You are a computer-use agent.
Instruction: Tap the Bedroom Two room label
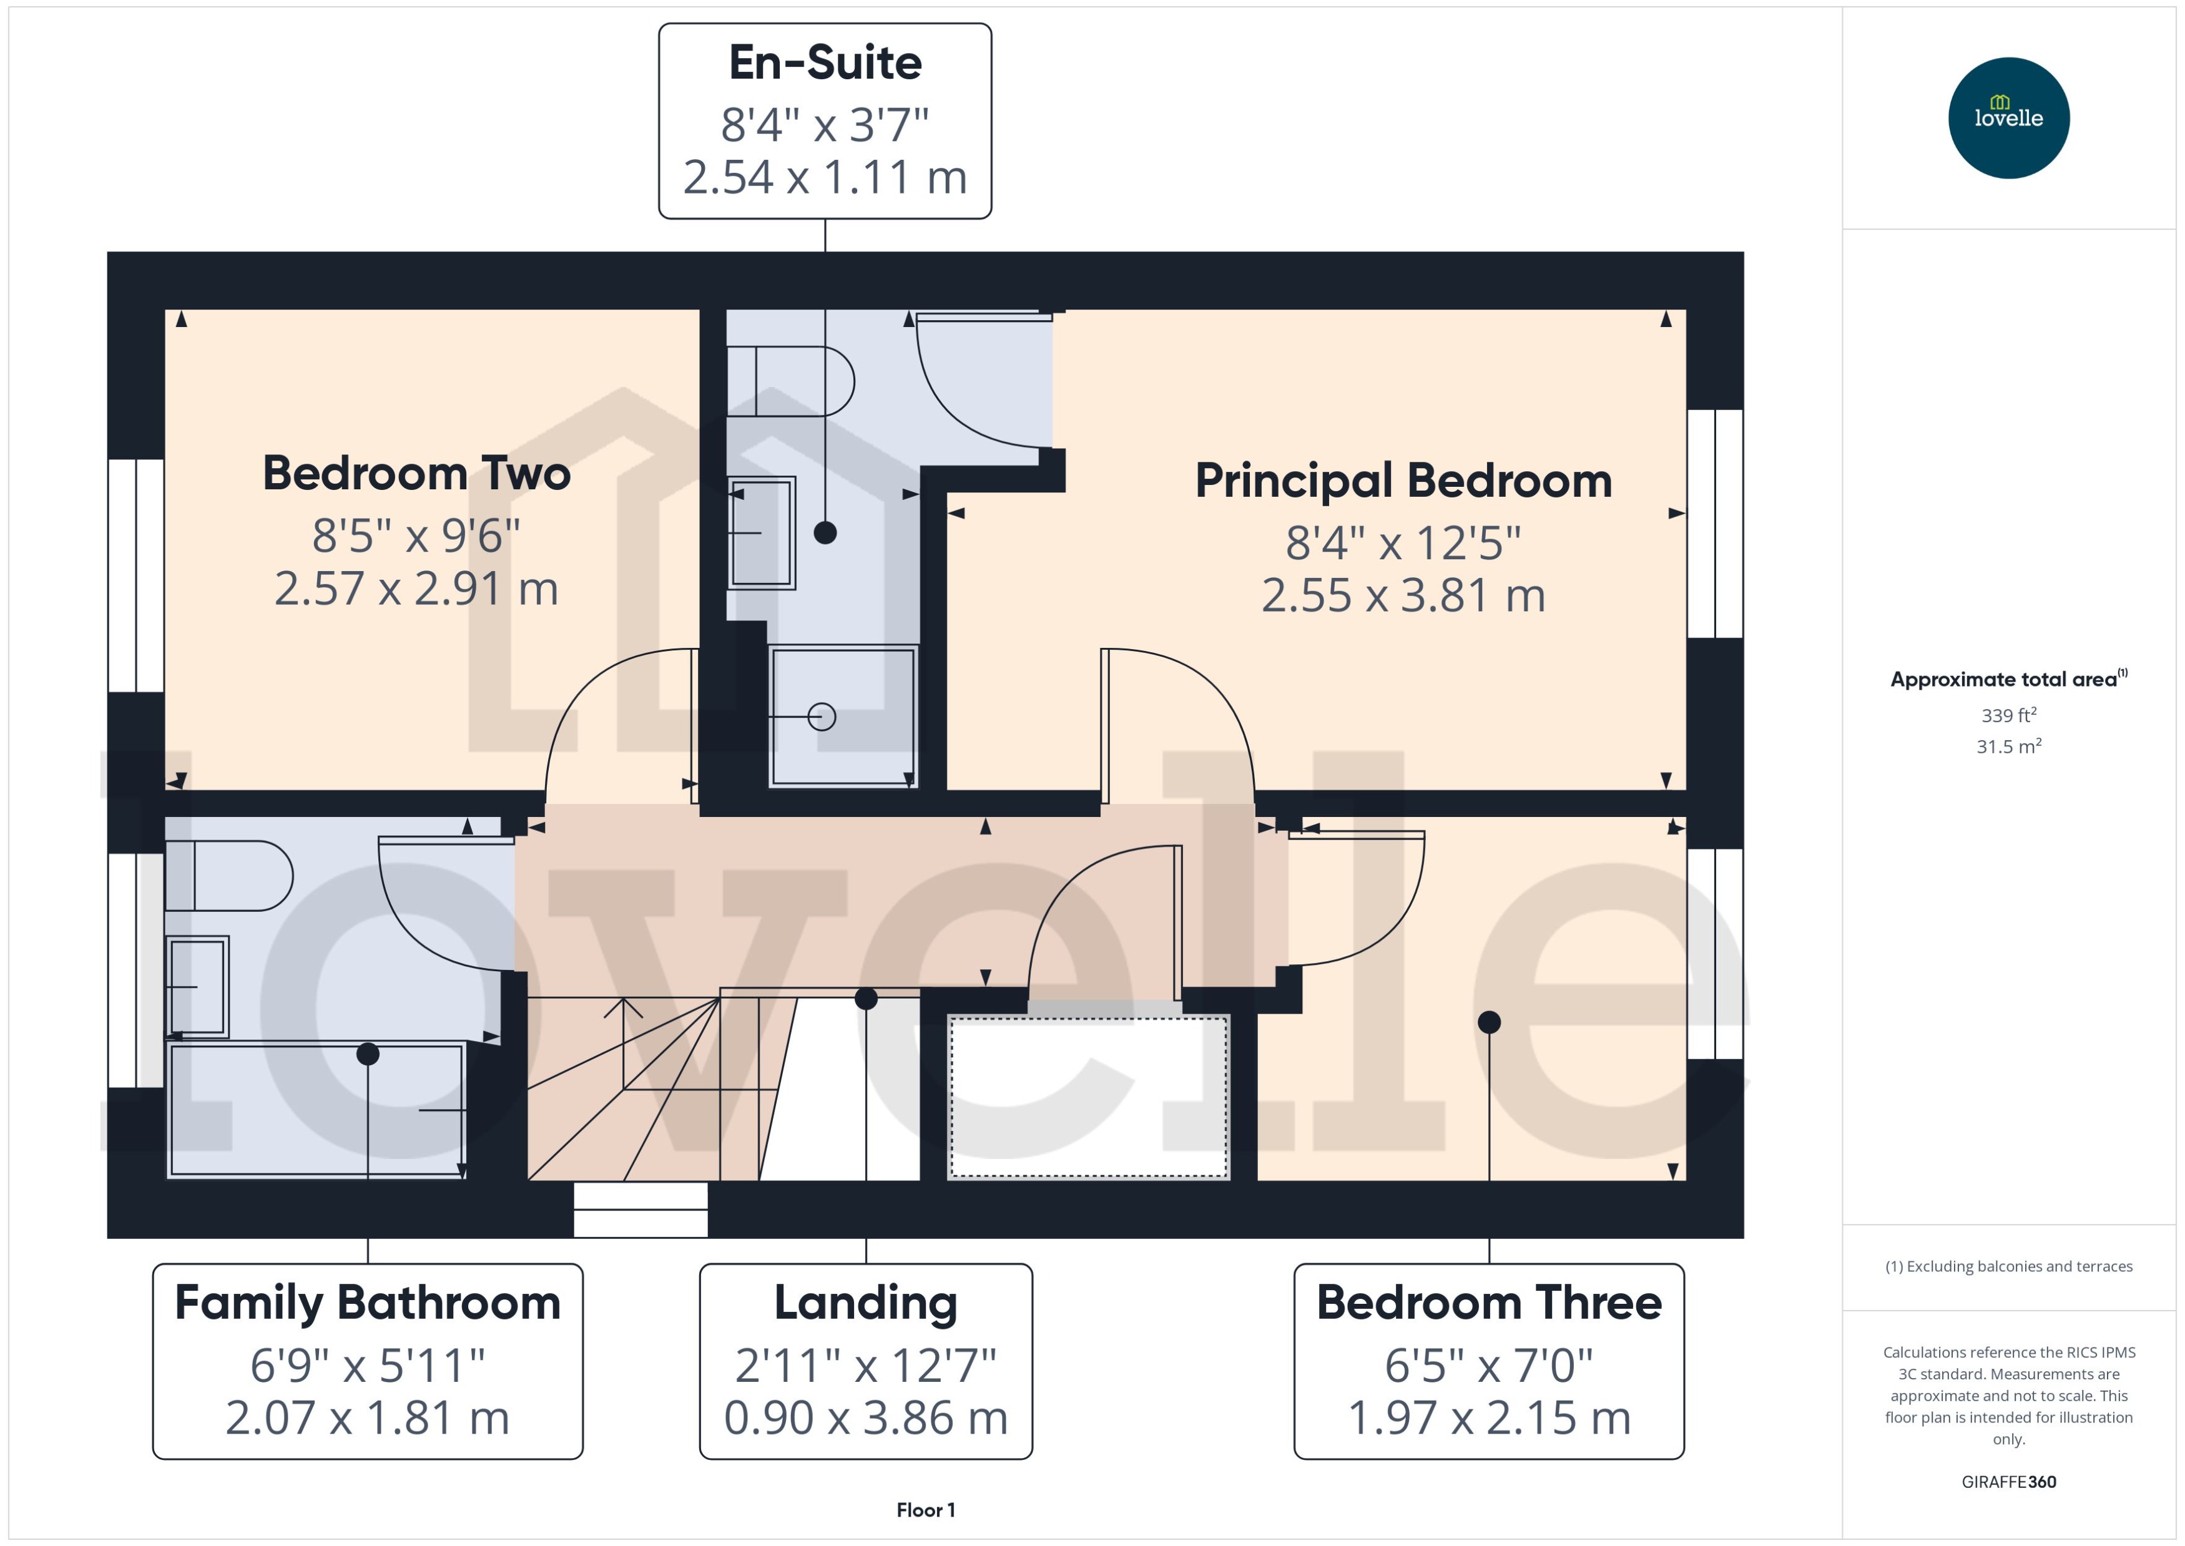point(416,473)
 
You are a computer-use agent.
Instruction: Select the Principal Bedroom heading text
point(1403,481)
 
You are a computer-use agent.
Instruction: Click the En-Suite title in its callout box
point(825,63)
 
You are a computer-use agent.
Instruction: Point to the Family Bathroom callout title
point(368,1303)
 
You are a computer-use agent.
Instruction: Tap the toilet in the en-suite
point(790,381)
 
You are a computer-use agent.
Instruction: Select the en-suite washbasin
point(761,533)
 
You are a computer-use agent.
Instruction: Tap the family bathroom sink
point(197,986)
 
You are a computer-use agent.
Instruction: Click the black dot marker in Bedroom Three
point(1489,1022)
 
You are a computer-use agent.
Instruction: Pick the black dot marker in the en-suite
point(825,533)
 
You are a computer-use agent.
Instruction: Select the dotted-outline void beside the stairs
point(1088,1097)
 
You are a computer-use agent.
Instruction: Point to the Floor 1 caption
point(925,1510)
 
